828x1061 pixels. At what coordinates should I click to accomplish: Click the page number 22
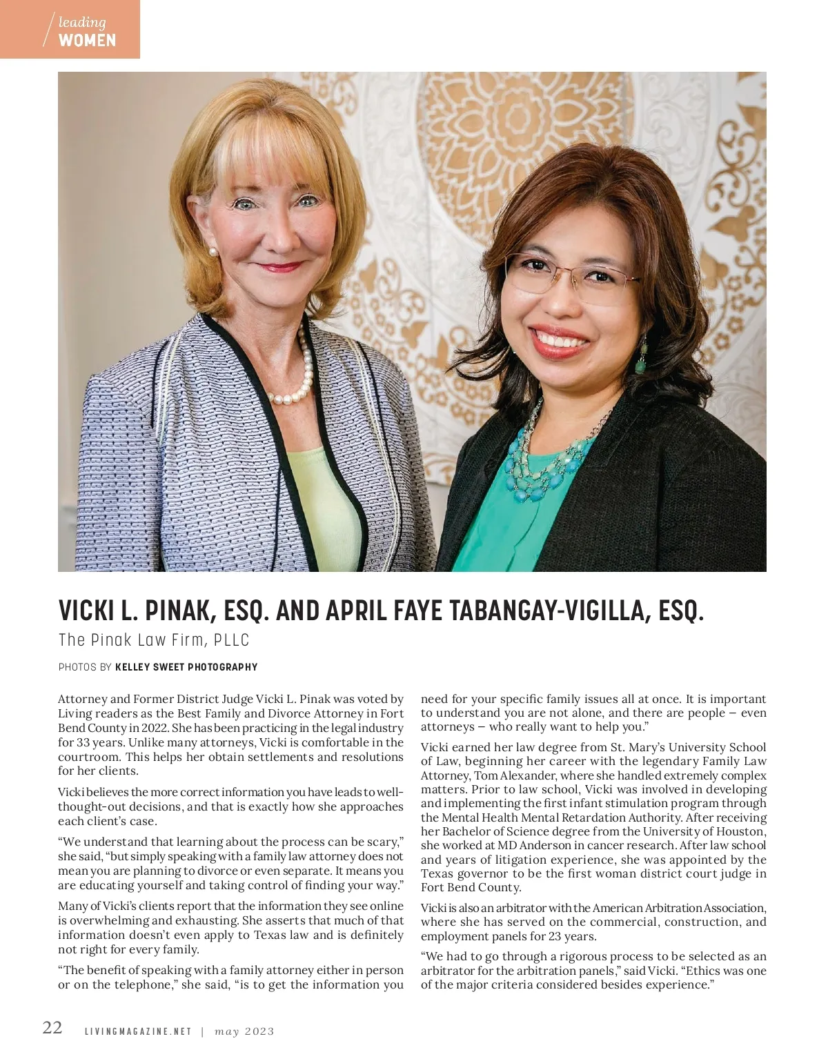52,1027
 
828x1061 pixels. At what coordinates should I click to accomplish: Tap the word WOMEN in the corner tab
87,41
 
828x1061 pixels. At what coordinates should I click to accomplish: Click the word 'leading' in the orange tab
82,23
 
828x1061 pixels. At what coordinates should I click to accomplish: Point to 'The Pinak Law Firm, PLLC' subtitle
153,640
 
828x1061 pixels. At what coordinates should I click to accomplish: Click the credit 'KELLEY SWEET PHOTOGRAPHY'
186,667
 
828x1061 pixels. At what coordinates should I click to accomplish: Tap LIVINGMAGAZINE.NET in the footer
137,1031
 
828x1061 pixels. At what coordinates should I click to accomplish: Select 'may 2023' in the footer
244,1031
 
